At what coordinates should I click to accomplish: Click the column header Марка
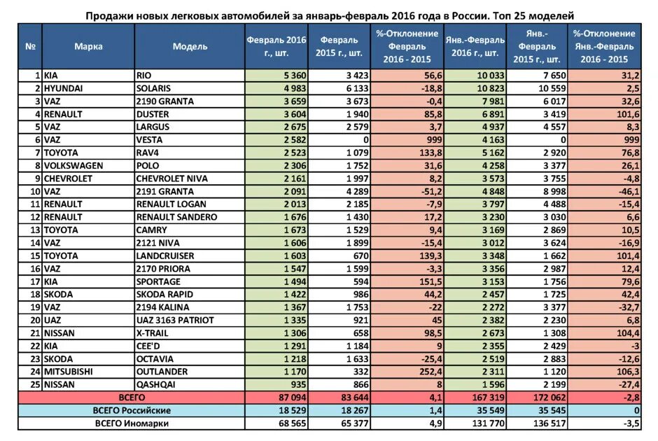pyautogui.click(x=88, y=46)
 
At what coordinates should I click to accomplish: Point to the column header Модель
pyautogui.click(x=190, y=46)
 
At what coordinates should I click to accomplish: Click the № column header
pyautogui.click(x=30, y=46)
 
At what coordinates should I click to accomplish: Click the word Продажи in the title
pyautogui.click(x=109, y=14)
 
